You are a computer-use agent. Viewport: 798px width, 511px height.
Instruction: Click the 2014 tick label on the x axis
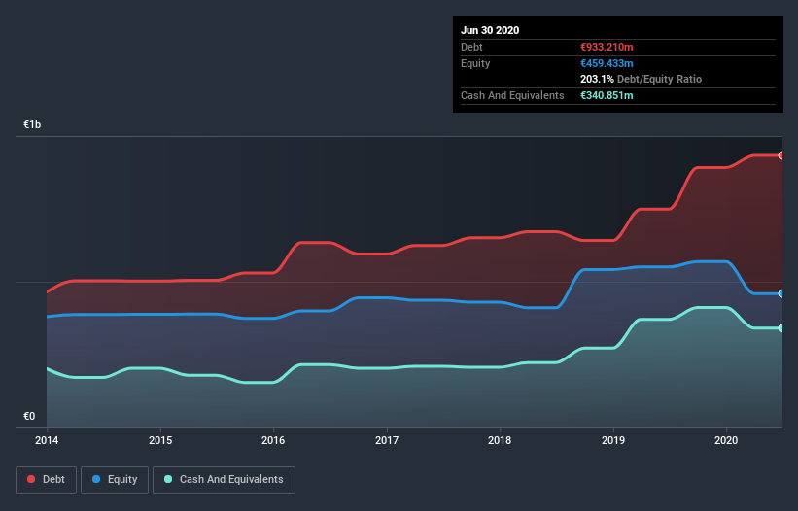pyautogui.click(x=46, y=441)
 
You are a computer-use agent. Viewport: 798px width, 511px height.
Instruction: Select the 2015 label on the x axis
pyautogui.click(x=160, y=441)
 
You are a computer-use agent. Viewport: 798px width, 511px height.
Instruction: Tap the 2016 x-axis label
pyautogui.click(x=274, y=441)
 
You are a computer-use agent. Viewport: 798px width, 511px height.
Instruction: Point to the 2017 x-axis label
pyautogui.click(x=387, y=441)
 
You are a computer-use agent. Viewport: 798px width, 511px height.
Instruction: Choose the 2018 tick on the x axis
pyautogui.click(x=501, y=441)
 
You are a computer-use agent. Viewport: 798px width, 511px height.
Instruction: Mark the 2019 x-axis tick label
pyautogui.click(x=613, y=441)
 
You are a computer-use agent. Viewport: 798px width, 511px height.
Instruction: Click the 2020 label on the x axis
pyautogui.click(x=727, y=441)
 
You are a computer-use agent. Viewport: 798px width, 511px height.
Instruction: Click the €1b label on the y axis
pyautogui.click(x=33, y=125)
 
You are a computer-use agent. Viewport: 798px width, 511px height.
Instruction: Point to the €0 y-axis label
pyautogui.click(x=29, y=417)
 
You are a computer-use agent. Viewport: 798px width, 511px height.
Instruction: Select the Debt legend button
pyautogui.click(x=46, y=479)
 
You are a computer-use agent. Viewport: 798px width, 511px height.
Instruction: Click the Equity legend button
pyautogui.click(x=115, y=479)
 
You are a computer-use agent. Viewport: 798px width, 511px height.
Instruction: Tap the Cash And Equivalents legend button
pyautogui.click(x=224, y=479)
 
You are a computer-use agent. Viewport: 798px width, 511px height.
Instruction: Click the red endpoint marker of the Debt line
pyautogui.click(x=781, y=155)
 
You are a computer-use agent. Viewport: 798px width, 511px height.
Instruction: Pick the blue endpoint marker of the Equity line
pyautogui.click(x=781, y=293)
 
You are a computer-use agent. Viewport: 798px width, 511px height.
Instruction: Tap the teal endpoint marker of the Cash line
pyautogui.click(x=781, y=328)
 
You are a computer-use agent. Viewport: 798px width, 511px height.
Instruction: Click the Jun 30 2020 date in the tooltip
pyautogui.click(x=490, y=30)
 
